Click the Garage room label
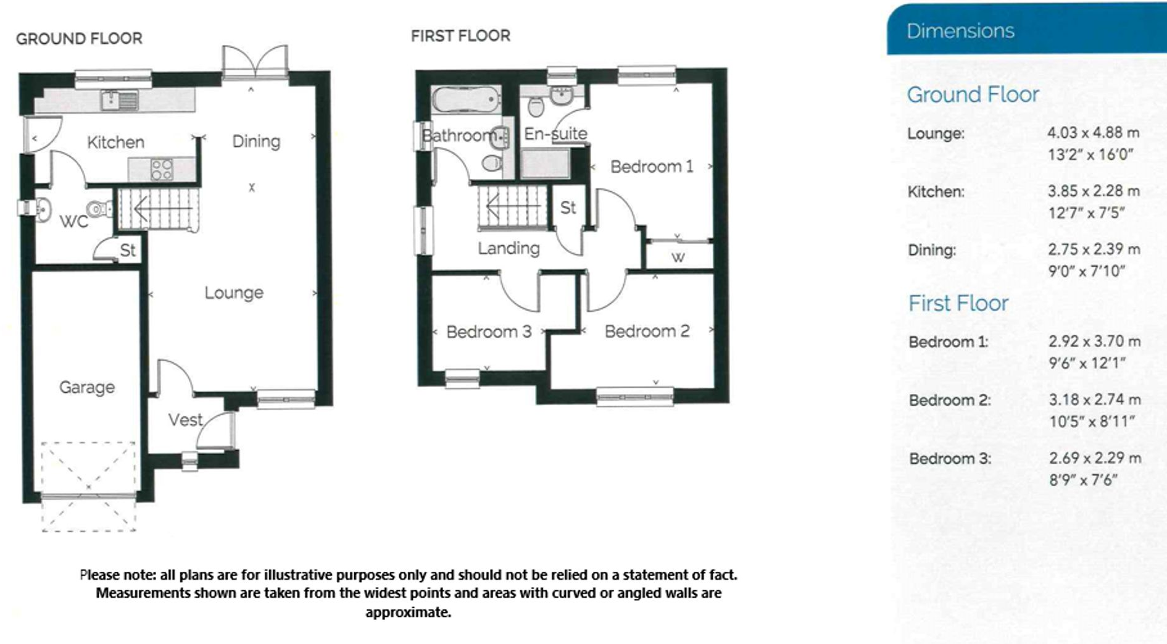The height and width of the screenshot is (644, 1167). tap(87, 387)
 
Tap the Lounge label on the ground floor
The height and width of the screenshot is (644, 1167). tap(234, 293)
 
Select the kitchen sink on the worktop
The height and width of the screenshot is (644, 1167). tap(120, 99)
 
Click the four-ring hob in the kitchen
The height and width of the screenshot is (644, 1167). tap(162, 169)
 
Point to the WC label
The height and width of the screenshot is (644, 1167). tap(73, 222)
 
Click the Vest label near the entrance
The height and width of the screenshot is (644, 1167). tap(185, 420)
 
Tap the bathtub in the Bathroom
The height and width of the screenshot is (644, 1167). tap(466, 99)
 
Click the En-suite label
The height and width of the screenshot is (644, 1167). tap(555, 133)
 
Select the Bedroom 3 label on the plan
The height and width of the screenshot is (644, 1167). tap(489, 332)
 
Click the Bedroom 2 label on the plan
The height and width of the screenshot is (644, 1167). tap(647, 332)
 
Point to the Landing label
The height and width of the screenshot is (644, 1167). tap(509, 248)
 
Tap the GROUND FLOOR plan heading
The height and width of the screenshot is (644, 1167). tap(79, 39)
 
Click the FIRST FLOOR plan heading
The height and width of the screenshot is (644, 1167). tap(460, 36)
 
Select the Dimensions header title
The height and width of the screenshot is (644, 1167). tap(960, 31)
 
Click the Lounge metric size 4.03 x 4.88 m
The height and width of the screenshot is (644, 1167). tap(1093, 133)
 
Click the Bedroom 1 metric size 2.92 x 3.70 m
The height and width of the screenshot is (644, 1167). tap(1094, 341)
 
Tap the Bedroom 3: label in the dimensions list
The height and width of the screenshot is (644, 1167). tap(950, 459)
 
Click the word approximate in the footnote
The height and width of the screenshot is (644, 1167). tap(408, 612)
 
